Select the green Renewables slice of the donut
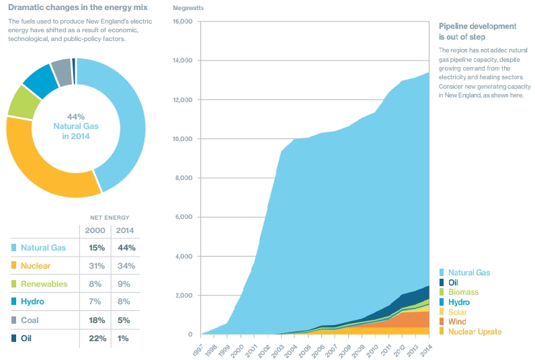[x=24, y=102]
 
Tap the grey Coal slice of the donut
[x=62, y=73]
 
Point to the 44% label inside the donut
[x=76, y=117]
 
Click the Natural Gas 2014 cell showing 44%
[x=126, y=247]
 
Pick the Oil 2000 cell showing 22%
[x=97, y=339]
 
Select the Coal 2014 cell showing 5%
[x=124, y=320]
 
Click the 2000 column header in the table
[x=95, y=230]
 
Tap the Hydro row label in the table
[x=32, y=302]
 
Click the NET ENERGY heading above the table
[x=110, y=218]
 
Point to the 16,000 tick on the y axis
[x=183, y=21]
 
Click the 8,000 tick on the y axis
[x=184, y=177]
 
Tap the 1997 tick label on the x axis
[x=198, y=351]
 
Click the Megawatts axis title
[x=188, y=8]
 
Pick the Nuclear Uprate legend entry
[x=470, y=331]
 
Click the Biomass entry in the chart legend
[x=459, y=291]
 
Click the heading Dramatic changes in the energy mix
[x=78, y=7]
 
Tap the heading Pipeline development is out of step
[x=478, y=32]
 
